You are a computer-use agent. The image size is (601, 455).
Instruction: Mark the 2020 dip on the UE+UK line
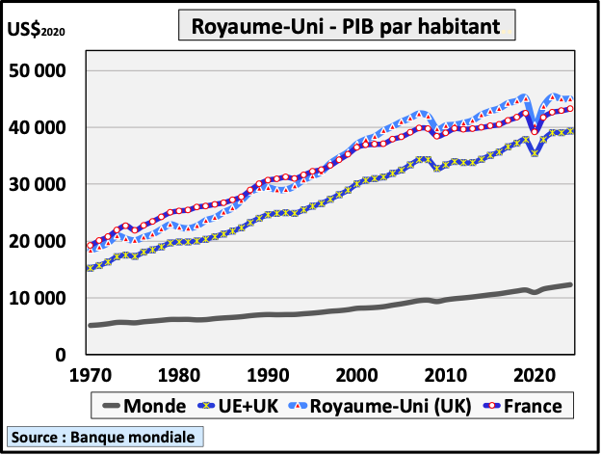tap(535, 153)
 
